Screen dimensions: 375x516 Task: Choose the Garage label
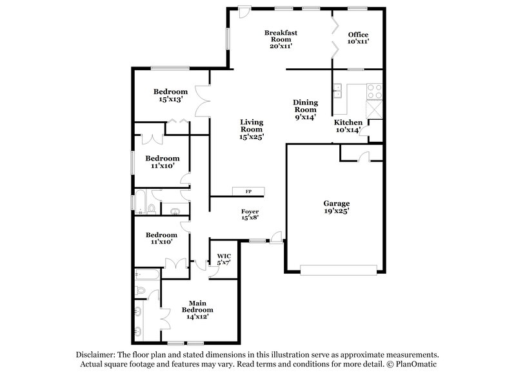tap(336, 206)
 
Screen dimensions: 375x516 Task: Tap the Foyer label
tap(250, 215)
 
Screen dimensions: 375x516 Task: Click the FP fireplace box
tap(248, 192)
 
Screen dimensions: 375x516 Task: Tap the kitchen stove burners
tap(374, 93)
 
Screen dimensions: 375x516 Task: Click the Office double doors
tap(333, 37)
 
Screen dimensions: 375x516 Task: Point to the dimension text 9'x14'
tap(305, 117)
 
